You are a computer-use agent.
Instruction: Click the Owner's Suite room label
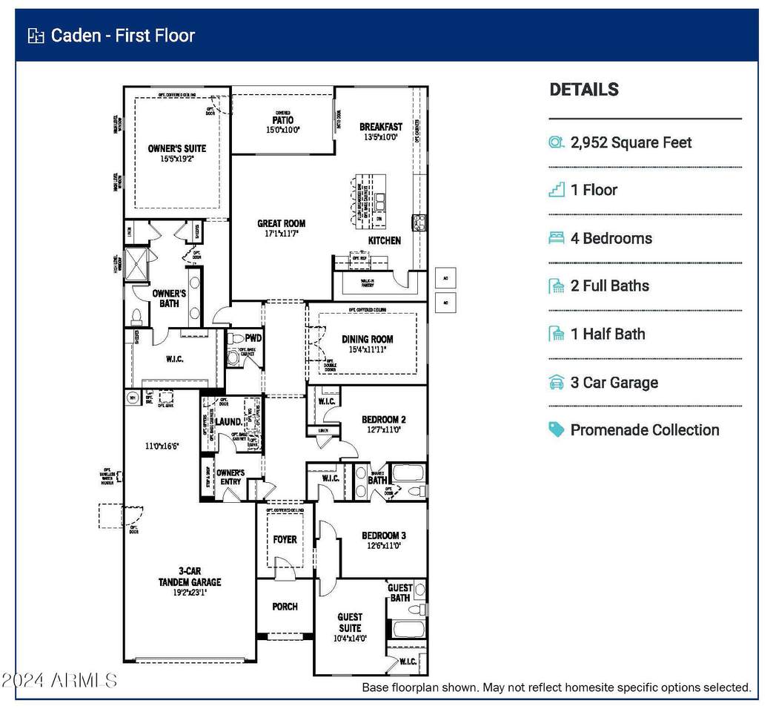coord(176,148)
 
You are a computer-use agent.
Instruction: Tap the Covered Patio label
coord(282,120)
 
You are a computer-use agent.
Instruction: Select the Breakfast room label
coord(381,127)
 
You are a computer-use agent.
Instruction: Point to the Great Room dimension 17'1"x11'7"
coord(281,234)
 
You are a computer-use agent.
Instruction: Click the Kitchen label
coord(385,240)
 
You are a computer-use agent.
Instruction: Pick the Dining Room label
coord(367,339)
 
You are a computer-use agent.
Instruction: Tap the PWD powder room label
coord(254,338)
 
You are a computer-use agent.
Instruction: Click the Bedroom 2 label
coord(383,419)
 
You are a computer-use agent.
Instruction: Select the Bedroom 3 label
coord(383,535)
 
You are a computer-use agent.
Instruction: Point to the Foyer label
coord(285,539)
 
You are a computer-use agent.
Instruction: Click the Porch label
coord(285,606)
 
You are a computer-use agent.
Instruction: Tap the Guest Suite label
coord(350,622)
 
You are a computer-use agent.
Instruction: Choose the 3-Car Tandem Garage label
coord(189,576)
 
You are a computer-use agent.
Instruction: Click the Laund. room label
coord(229,421)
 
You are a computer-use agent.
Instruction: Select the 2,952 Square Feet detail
coord(631,142)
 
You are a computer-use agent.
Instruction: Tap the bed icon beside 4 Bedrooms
coord(557,238)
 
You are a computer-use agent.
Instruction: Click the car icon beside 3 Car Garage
coord(557,383)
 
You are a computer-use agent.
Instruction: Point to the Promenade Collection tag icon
coord(557,430)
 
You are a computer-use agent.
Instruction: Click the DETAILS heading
coord(584,90)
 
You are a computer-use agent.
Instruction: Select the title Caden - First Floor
coord(122,36)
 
